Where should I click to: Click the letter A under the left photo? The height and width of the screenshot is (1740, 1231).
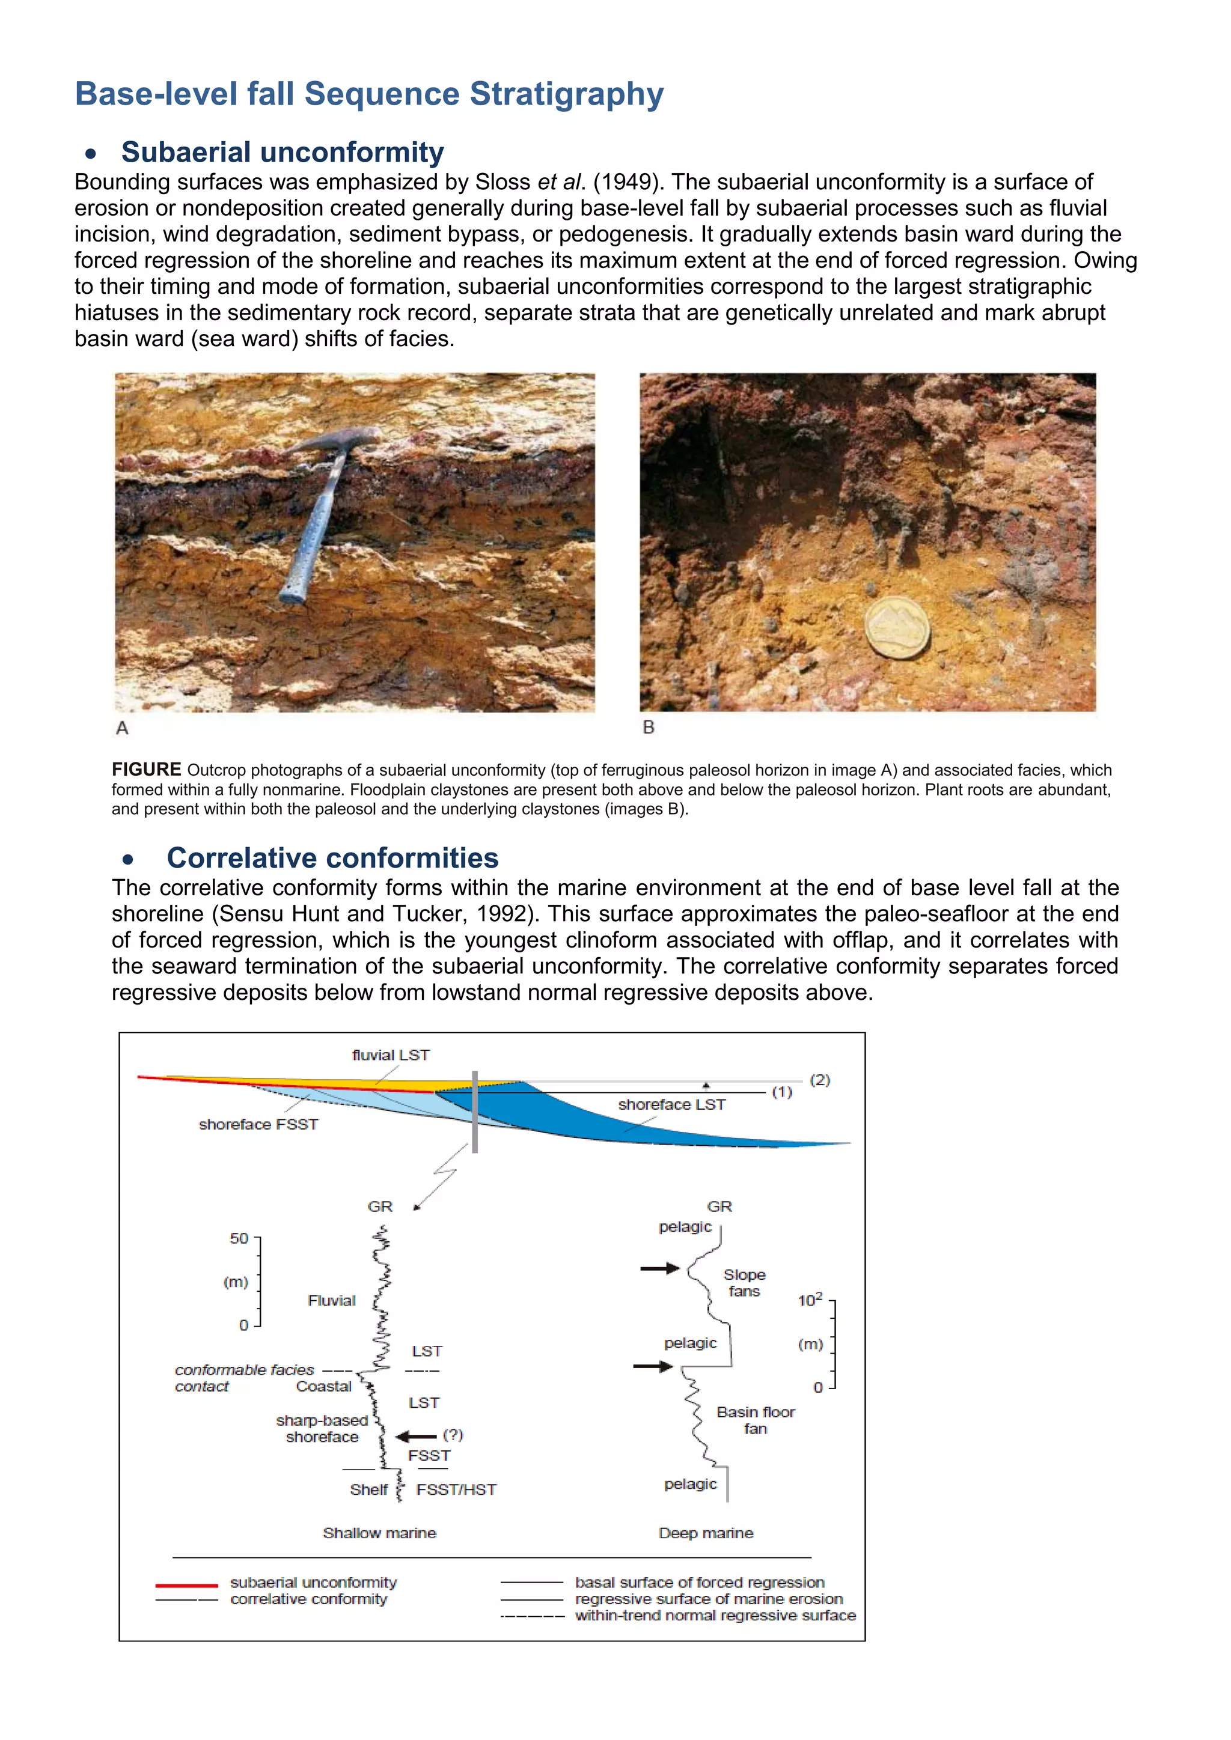click(x=122, y=728)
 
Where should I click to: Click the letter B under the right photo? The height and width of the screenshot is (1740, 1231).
click(x=648, y=728)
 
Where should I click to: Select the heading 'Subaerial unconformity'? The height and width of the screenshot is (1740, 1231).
click(x=282, y=153)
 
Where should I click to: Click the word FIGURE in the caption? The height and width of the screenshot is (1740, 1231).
click(x=146, y=770)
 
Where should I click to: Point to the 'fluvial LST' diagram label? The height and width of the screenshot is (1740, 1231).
click(x=390, y=1055)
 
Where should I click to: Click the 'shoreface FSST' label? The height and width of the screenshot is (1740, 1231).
click(x=258, y=1125)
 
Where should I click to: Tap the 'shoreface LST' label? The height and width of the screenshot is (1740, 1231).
click(x=671, y=1105)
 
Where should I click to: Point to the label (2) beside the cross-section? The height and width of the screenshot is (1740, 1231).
click(x=820, y=1080)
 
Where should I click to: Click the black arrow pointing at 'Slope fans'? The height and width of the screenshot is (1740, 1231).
click(x=659, y=1268)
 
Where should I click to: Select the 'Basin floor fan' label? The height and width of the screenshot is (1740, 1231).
click(x=755, y=1420)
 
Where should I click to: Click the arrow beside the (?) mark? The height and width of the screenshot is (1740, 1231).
click(x=415, y=1436)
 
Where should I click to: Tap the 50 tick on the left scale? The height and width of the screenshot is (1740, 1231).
click(x=240, y=1238)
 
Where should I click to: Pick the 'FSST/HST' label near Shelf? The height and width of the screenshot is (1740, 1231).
click(x=456, y=1490)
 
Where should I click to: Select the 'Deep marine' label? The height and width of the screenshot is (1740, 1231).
click(x=706, y=1533)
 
